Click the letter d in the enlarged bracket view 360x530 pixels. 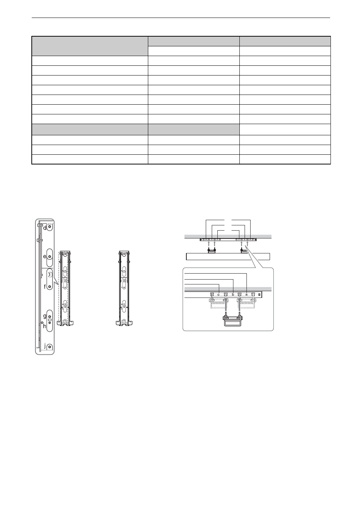tap(45, 228)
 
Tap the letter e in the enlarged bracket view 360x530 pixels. tap(45, 256)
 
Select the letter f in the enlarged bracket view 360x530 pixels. tap(45, 287)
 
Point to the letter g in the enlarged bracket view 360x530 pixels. tap(45, 316)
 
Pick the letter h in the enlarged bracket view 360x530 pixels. tap(45, 326)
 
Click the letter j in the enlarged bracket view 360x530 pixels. tap(45, 346)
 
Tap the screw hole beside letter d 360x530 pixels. tap(50, 227)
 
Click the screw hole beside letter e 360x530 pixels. tap(50, 257)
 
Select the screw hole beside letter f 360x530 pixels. tap(50, 287)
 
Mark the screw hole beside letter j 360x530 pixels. tap(49, 347)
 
